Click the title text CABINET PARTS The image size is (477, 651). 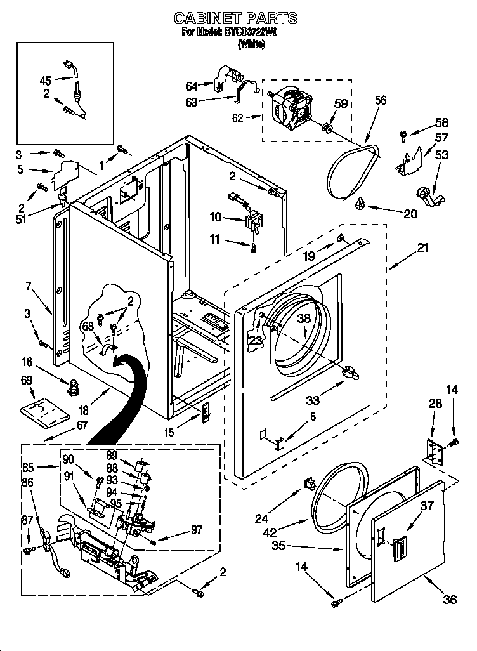[235, 18]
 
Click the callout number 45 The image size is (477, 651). [45, 80]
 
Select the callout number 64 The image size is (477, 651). [192, 86]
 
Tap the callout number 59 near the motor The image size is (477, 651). [341, 104]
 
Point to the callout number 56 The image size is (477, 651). [380, 100]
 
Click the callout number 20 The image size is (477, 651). [410, 214]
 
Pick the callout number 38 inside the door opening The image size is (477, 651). [304, 320]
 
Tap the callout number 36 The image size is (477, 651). [450, 600]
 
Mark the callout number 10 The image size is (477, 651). [215, 218]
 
